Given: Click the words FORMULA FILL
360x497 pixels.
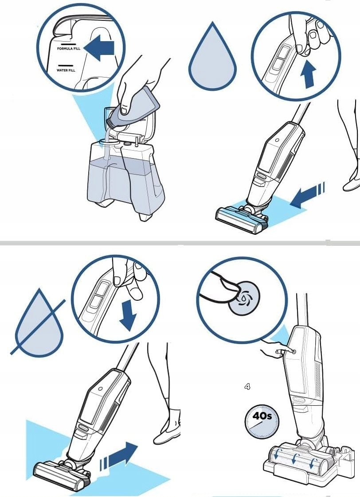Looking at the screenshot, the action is point(69,48).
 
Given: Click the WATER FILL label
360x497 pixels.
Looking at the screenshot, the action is point(66,70).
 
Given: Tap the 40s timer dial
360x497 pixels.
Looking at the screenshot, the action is point(262,422).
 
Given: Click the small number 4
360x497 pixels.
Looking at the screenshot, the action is point(247,386).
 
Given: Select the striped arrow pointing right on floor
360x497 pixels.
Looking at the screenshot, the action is point(118,455).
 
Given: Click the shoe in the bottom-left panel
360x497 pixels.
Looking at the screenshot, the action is point(167,427).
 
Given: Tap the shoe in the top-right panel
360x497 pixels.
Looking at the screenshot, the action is point(352,183).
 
